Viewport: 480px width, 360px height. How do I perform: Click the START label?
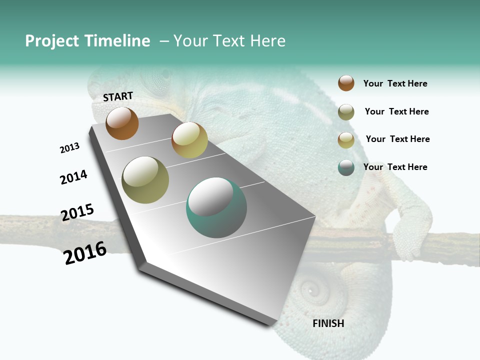[x=118, y=96]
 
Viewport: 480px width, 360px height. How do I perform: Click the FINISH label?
[x=328, y=323]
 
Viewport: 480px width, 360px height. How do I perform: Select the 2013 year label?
[x=69, y=148]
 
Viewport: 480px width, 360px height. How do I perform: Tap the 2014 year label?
[x=73, y=177]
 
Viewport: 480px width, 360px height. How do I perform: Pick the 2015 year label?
[x=77, y=212]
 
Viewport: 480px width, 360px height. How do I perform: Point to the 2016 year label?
[x=85, y=253]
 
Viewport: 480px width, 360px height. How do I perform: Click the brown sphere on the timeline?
[x=122, y=123]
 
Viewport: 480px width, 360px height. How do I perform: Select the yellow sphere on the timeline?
[x=189, y=140]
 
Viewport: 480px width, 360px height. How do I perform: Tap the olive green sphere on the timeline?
[x=145, y=180]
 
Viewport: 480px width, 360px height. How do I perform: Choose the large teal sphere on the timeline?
[x=216, y=207]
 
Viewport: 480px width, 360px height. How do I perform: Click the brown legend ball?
[x=346, y=83]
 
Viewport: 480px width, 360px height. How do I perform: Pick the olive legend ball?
[x=346, y=112]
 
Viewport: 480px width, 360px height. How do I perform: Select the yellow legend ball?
[x=346, y=140]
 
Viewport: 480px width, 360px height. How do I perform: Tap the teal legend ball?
[x=346, y=167]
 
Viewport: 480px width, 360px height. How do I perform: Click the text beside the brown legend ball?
[x=395, y=83]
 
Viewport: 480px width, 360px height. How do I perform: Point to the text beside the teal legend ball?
[x=395, y=167]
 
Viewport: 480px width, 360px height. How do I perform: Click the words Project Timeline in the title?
[x=87, y=41]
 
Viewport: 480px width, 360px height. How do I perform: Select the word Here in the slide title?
[x=267, y=41]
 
